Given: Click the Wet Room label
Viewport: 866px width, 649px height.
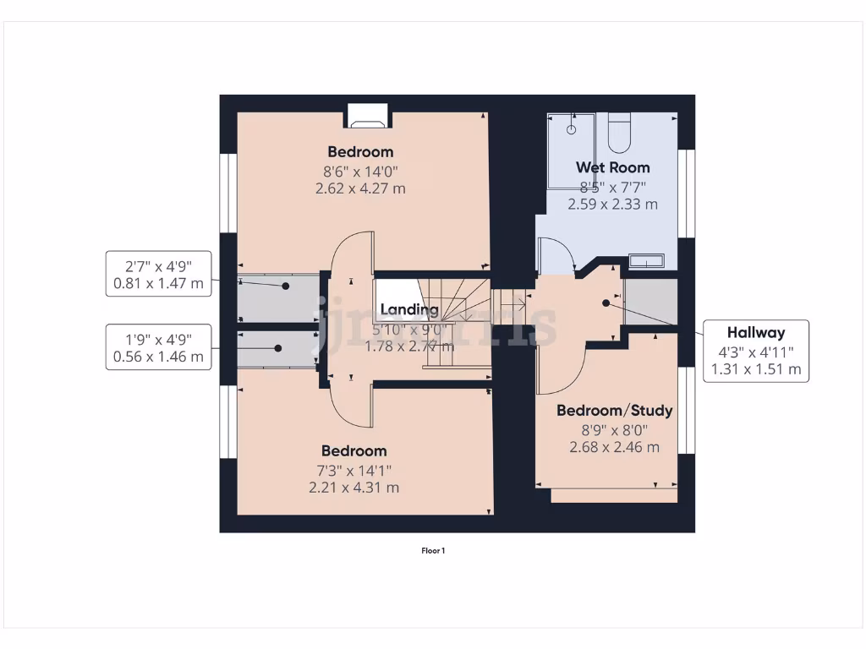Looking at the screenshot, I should [612, 167].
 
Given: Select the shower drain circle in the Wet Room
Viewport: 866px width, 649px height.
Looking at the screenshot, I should [572, 130].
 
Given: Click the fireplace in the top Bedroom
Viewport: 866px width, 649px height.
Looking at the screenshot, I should [366, 116].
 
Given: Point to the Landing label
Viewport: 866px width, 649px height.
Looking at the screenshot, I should [409, 309].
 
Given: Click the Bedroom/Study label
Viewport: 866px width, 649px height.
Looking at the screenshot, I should [614, 411].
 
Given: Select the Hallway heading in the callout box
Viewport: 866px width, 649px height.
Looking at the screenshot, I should [755, 333].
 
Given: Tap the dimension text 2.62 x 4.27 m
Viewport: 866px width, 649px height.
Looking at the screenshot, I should [360, 188].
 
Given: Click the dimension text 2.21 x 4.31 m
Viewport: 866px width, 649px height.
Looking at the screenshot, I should [354, 488].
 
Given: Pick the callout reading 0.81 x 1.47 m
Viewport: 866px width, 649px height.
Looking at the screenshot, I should [159, 284].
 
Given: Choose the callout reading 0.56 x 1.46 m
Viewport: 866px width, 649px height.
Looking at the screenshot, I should [159, 357].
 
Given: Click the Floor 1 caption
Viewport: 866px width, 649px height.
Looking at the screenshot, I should [433, 551].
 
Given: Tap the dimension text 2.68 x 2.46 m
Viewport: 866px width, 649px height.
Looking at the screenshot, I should [614, 447].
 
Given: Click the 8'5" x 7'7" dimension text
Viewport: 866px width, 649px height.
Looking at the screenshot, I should [612, 187].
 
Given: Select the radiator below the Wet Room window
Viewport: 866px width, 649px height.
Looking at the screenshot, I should [645, 261].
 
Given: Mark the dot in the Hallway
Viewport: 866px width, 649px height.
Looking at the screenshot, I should [606, 303].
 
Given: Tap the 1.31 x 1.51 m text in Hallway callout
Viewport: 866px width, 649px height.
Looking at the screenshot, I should [755, 368].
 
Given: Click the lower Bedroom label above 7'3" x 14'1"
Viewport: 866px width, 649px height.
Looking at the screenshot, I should [354, 451].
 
